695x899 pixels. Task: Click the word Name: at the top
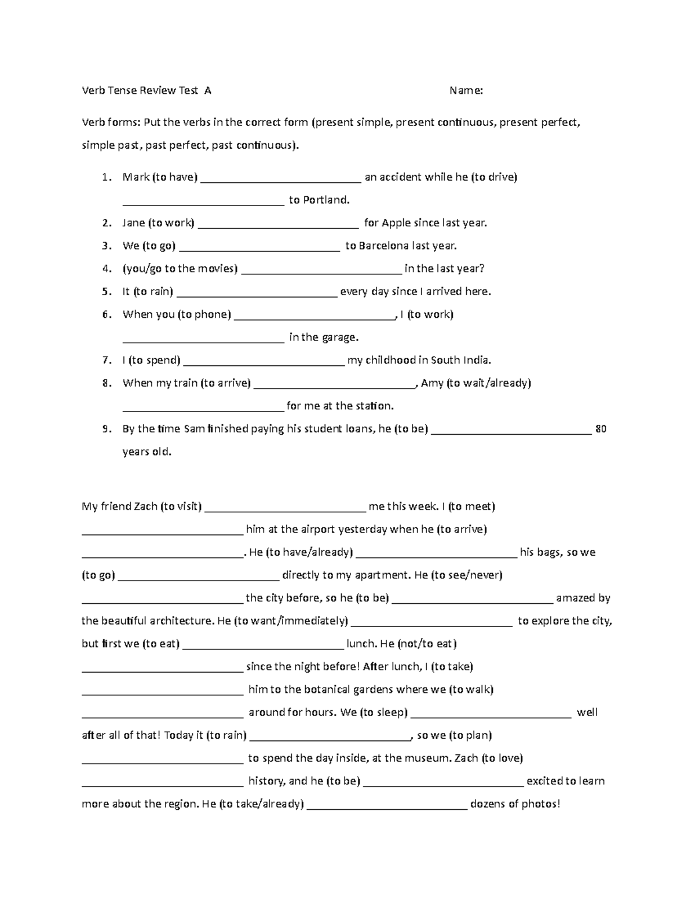click(x=466, y=90)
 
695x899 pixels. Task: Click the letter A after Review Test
click(x=208, y=90)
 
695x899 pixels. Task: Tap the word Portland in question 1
click(x=327, y=200)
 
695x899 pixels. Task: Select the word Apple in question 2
click(x=396, y=223)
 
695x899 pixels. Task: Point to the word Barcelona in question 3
click(x=383, y=246)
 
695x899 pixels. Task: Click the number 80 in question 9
click(x=601, y=429)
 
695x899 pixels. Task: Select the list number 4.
click(x=106, y=269)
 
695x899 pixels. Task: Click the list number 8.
click(x=106, y=383)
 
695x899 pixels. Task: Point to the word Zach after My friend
click(x=145, y=507)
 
